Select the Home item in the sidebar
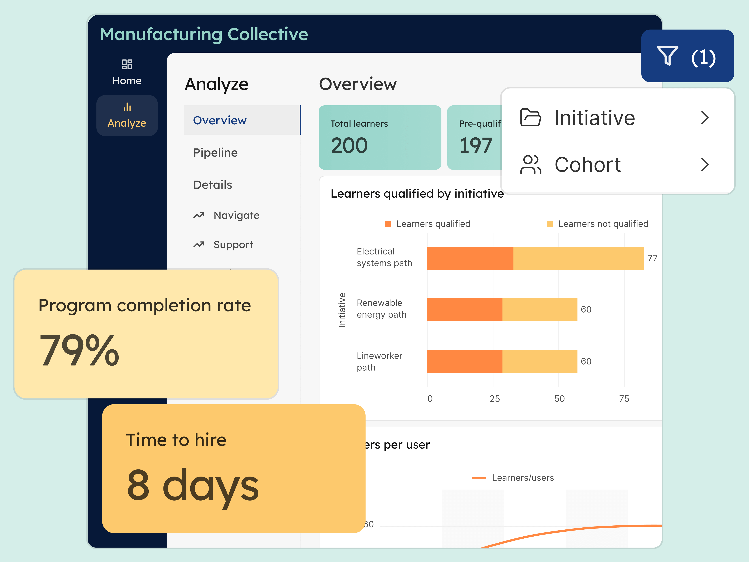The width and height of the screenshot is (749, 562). click(127, 72)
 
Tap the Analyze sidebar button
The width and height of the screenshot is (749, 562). click(127, 115)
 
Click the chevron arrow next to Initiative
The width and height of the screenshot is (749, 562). click(705, 118)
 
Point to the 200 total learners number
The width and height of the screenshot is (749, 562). click(349, 146)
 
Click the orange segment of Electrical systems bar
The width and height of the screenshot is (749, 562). click(470, 258)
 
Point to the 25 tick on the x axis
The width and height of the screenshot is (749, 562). click(495, 399)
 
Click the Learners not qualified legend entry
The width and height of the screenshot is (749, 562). click(603, 224)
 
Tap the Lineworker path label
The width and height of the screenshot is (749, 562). click(379, 361)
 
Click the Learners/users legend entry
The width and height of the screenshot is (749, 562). click(522, 478)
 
